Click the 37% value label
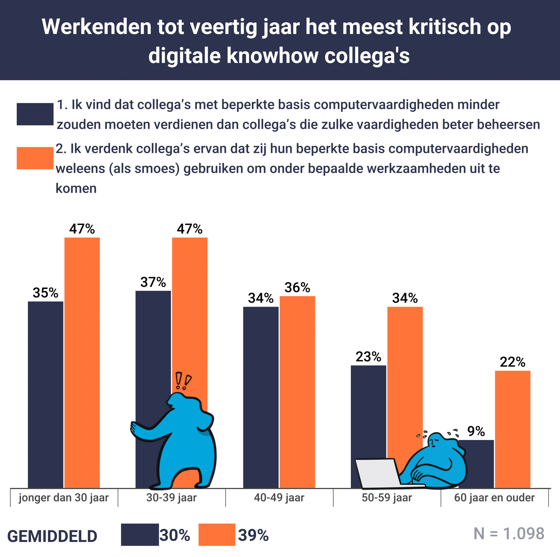(x=153, y=282)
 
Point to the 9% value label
(x=476, y=431)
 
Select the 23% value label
(x=368, y=357)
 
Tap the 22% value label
(x=512, y=362)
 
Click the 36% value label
(x=297, y=288)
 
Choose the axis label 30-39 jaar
(x=171, y=498)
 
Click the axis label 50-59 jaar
(x=387, y=498)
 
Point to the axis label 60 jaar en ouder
(x=494, y=498)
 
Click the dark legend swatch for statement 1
(x=35, y=114)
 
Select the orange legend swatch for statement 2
(x=35, y=158)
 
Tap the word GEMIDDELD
(x=52, y=536)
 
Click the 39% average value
(x=253, y=535)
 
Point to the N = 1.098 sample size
(x=509, y=534)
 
